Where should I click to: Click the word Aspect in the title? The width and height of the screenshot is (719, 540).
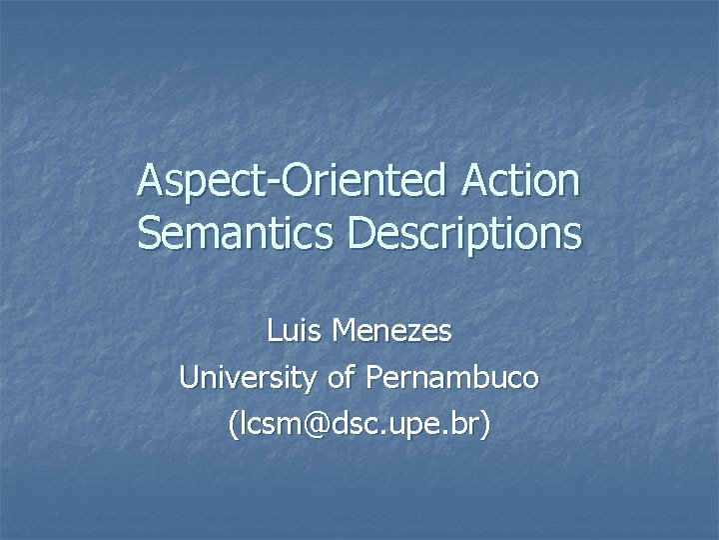[x=194, y=182]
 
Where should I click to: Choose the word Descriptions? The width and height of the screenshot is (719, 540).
[x=464, y=234]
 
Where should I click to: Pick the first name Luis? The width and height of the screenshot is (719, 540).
[x=295, y=330]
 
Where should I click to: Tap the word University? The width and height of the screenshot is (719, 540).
[x=244, y=378]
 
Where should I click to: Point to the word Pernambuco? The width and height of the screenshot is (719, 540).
[x=452, y=378]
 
